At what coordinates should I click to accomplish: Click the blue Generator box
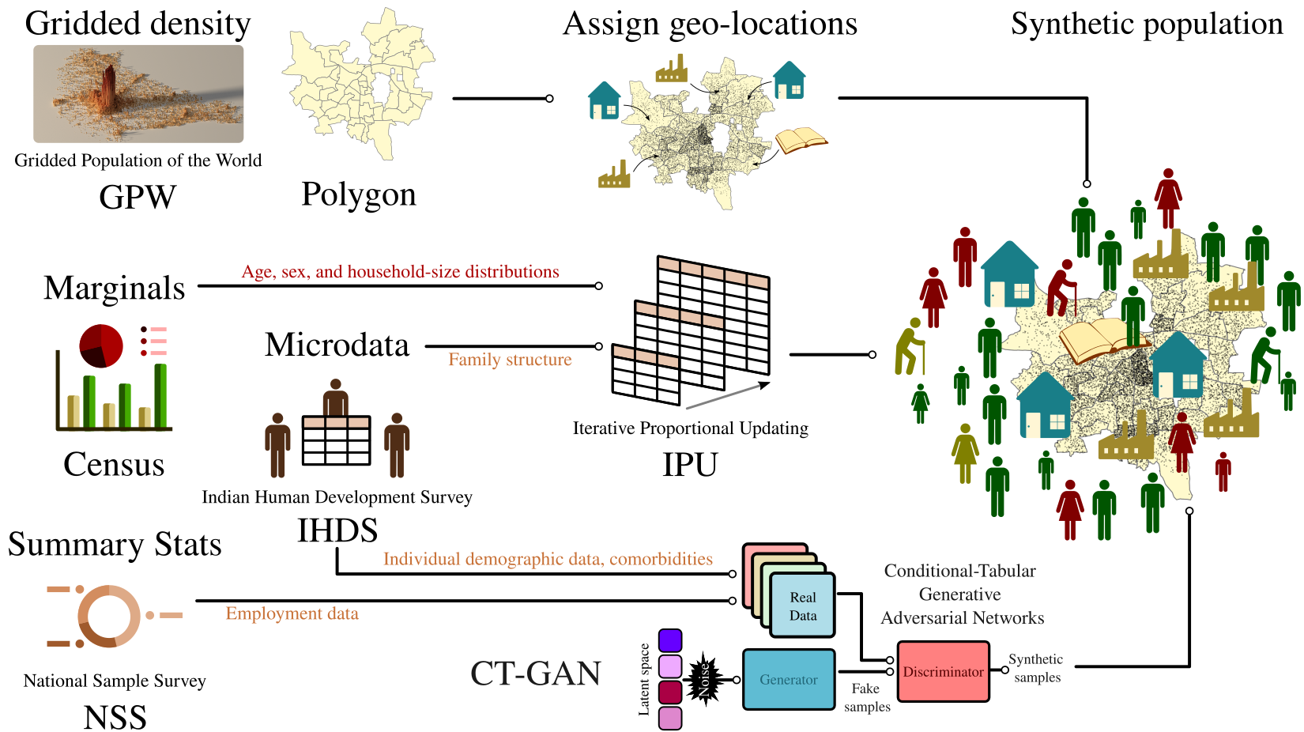pyautogui.click(x=788, y=679)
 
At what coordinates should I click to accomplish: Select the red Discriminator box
pyautogui.click(x=943, y=672)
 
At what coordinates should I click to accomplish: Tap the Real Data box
pyautogui.click(x=803, y=606)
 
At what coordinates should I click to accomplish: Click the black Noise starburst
pyautogui.click(x=703, y=678)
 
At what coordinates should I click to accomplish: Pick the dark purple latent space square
pyautogui.click(x=669, y=640)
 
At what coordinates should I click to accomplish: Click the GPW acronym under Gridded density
pyautogui.click(x=138, y=198)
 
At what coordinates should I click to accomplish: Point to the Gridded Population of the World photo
pyautogui.click(x=138, y=93)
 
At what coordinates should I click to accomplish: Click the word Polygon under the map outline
pyautogui.click(x=358, y=194)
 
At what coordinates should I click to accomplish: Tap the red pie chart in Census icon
pyautogui.click(x=101, y=345)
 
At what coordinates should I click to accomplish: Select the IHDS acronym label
pyautogui.click(x=337, y=530)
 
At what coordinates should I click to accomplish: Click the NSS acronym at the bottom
pyautogui.click(x=115, y=718)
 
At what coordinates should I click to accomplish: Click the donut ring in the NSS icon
pyautogui.click(x=109, y=617)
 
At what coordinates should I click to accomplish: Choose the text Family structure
pyautogui.click(x=510, y=360)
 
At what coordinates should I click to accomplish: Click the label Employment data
pyautogui.click(x=292, y=613)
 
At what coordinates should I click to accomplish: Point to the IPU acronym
pyautogui.click(x=690, y=465)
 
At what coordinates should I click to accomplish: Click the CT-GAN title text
pyautogui.click(x=536, y=674)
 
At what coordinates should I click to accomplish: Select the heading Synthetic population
pyautogui.click(x=1147, y=24)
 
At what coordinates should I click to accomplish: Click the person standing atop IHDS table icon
pyautogui.click(x=336, y=398)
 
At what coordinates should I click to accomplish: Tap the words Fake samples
pyautogui.click(x=866, y=697)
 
